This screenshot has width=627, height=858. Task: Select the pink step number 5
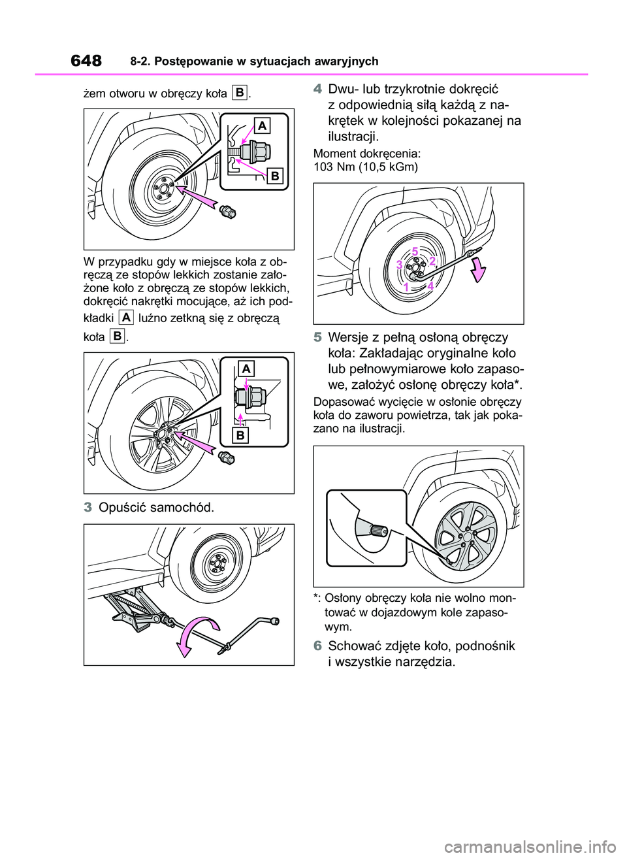[x=318, y=338]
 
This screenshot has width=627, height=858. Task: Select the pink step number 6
[x=318, y=646]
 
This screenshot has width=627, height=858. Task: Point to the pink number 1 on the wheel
[x=406, y=287]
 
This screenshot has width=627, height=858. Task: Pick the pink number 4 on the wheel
[x=431, y=286]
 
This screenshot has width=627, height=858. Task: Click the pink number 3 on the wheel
[x=399, y=265]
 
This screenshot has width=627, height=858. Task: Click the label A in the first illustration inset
[x=261, y=125]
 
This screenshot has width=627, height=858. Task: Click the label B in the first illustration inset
[x=275, y=176]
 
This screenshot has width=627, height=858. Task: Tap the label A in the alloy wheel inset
[x=246, y=369]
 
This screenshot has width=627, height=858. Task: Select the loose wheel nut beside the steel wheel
[x=228, y=210]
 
